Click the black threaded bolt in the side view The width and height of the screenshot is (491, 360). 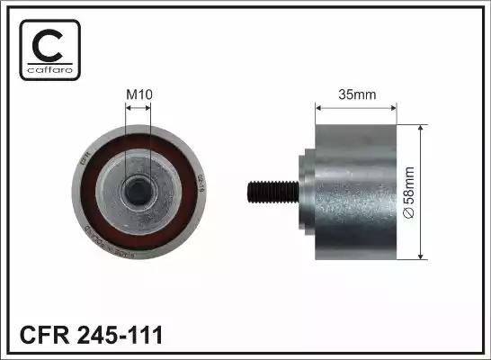[270, 190]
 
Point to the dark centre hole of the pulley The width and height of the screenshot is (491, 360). [138, 189]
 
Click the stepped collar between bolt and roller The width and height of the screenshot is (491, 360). [304, 190]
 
